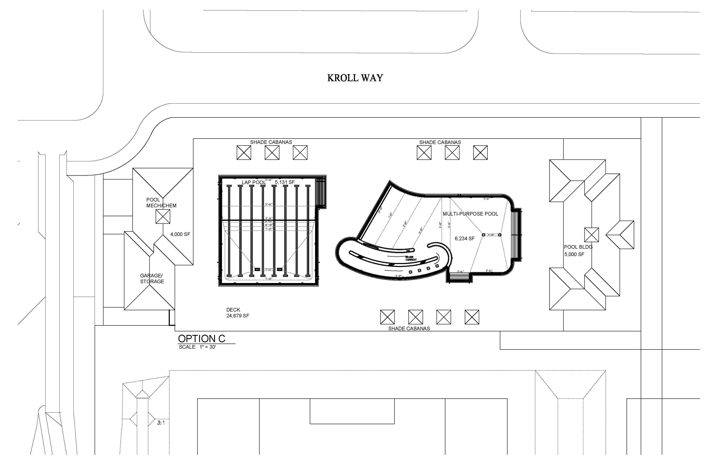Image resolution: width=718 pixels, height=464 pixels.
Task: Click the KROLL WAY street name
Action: click(355, 78)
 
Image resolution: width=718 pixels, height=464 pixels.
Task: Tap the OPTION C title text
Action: click(201, 339)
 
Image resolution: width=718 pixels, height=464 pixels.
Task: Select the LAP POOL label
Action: click(253, 182)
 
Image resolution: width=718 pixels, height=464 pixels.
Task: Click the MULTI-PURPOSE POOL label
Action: click(470, 214)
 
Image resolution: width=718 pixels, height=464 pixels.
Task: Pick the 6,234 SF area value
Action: click(465, 239)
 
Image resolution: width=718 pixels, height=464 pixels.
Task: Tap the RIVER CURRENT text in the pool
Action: click(411, 258)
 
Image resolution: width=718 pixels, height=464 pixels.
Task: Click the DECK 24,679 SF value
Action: click(238, 316)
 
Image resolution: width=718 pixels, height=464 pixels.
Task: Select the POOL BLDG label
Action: click(578, 247)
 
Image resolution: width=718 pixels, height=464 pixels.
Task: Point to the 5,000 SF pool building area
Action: click(574, 254)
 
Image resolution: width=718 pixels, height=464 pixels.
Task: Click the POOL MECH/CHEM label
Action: click(161, 203)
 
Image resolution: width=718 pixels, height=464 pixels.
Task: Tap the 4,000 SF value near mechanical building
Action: click(180, 234)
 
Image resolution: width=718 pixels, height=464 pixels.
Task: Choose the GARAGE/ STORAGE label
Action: click(152, 278)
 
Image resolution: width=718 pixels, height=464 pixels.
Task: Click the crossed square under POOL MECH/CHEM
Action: click(163, 216)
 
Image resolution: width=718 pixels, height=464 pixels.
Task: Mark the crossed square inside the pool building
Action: click(591, 235)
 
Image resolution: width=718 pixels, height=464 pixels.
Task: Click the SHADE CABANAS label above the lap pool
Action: click(271, 142)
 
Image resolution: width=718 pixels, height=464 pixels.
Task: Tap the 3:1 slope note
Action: click(161, 423)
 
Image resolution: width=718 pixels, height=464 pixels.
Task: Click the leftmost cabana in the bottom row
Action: click(387, 317)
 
